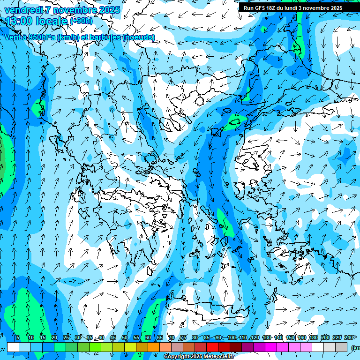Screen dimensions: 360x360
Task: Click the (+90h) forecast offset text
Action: pyautogui.click(x=81, y=21)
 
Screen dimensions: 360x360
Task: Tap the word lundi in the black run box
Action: pyautogui.click(x=297, y=8)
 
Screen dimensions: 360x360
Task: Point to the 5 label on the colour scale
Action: pyautogui.click(x=17, y=338)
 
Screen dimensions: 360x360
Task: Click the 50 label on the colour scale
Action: pyautogui.click(x=124, y=338)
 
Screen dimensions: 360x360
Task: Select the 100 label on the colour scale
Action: pyautogui.click(x=232, y=338)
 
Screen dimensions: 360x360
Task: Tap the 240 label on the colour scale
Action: pyautogui.click(x=349, y=338)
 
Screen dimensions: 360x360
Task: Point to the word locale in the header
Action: pyautogui.click(x=51, y=21)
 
